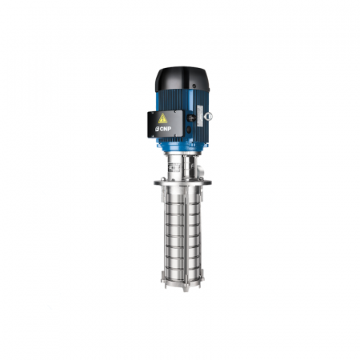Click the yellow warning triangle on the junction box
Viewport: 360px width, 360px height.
tap(162, 118)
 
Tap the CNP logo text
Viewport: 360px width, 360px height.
tap(163, 129)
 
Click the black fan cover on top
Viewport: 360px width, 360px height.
tap(182, 78)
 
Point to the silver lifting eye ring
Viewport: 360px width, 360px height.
tap(208, 116)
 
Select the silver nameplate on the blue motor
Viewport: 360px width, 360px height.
tap(200, 116)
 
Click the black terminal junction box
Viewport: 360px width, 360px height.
tap(166, 124)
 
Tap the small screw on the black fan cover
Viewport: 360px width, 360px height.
tap(194, 86)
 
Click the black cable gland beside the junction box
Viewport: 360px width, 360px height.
tap(190, 118)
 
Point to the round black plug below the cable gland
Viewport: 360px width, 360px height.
tap(189, 130)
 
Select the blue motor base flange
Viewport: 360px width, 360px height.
tap(182, 147)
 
